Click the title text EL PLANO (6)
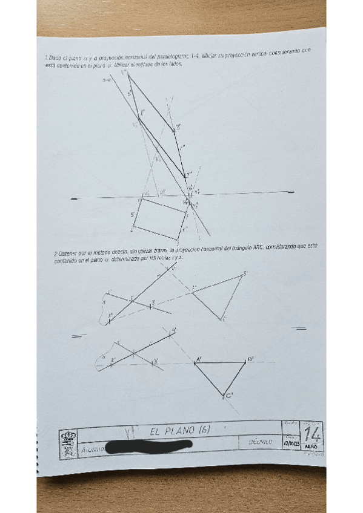179,431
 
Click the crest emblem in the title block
69,439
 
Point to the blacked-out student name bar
148,446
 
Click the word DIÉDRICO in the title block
261,442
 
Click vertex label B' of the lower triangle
250,359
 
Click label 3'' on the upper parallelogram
179,128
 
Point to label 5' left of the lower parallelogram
133,214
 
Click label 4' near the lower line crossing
174,330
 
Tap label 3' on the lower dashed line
156,361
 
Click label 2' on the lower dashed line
113,359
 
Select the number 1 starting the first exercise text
46,57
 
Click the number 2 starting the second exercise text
55,253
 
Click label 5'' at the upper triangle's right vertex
245,273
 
